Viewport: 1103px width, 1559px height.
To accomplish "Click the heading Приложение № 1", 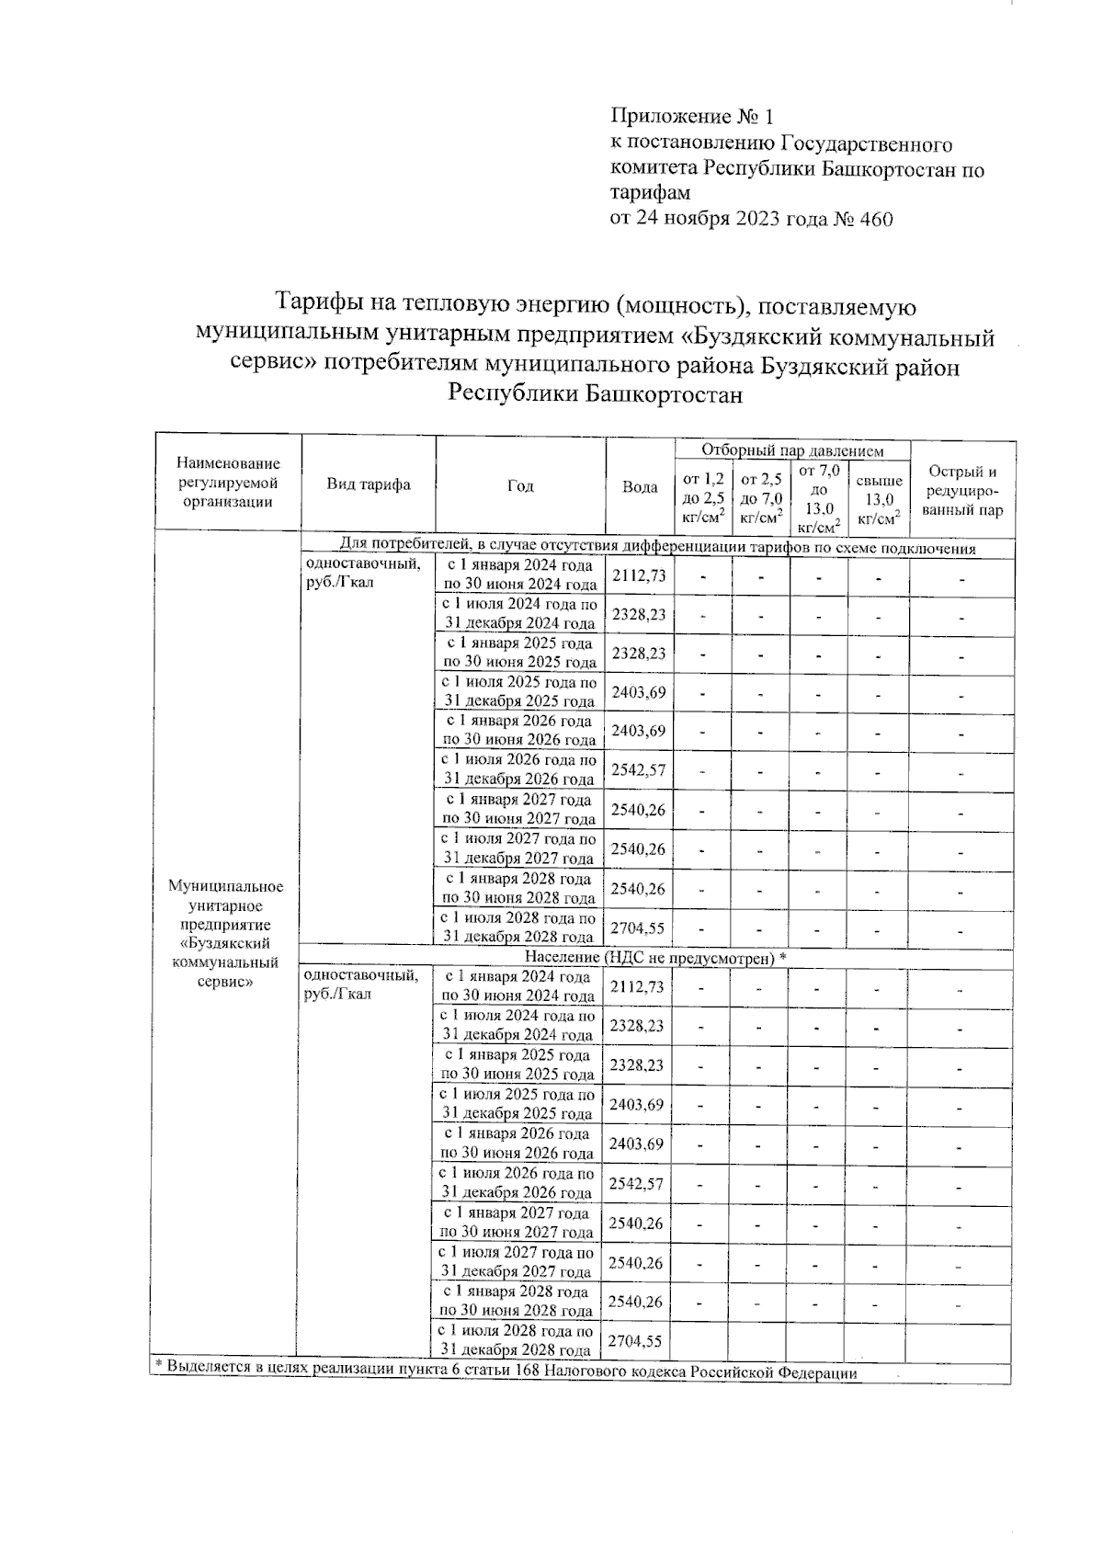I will [x=692, y=117].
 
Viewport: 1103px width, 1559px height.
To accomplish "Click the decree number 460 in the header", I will [x=874, y=219].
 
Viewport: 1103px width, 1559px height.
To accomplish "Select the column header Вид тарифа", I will [x=368, y=485].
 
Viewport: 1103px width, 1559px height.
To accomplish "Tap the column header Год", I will [x=520, y=485].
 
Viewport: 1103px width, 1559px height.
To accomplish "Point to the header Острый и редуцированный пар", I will [x=962, y=491].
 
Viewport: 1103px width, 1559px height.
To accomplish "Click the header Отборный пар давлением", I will [x=792, y=450].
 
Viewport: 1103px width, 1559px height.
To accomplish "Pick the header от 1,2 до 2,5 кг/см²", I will [x=703, y=497].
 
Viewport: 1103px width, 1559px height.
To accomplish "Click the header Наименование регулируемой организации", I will [x=228, y=483].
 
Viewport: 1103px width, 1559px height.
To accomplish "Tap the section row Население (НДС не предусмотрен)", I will [x=656, y=957].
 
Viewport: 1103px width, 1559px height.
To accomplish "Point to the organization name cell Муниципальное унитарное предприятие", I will [x=226, y=933].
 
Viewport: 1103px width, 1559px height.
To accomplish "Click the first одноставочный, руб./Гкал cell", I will [x=362, y=574].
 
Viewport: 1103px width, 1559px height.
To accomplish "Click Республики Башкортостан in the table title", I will [x=594, y=395].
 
